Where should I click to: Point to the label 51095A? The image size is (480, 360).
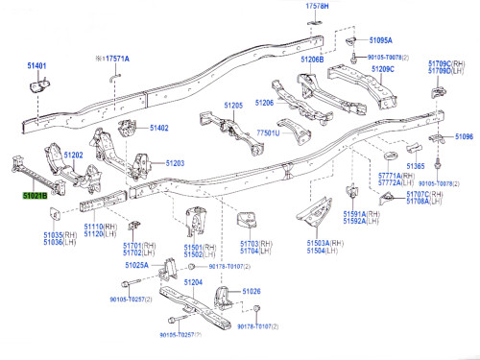pos(381,40)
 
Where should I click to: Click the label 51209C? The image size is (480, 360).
pos(383,69)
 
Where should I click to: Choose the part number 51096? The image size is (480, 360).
pos(465,137)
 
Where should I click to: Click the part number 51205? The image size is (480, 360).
pos(234,104)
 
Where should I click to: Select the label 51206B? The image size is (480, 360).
pos(313,60)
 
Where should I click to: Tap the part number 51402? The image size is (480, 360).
pos(158,128)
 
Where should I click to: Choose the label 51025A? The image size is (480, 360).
pos(136,264)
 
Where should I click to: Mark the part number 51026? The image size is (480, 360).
pos(252,290)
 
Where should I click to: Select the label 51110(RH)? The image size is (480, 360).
pos(99,225)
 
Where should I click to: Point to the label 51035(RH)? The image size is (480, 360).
pos(59,233)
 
